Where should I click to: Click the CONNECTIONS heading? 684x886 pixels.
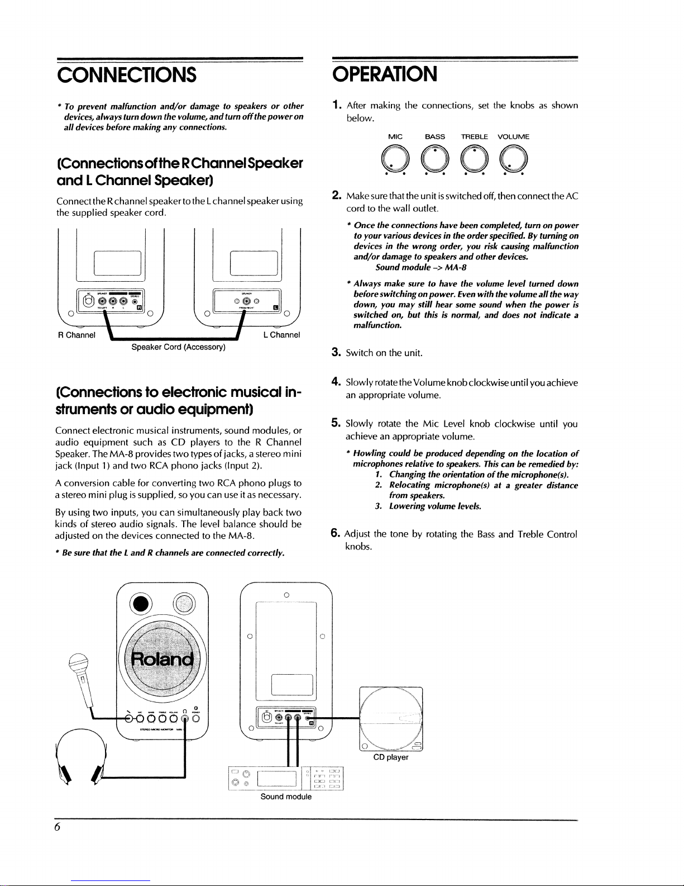(x=127, y=74)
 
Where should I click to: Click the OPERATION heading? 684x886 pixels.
(x=385, y=74)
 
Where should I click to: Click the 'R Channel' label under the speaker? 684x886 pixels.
(x=77, y=335)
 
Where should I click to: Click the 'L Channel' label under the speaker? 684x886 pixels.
(x=281, y=335)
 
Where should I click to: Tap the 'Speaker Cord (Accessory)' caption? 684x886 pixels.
(x=178, y=347)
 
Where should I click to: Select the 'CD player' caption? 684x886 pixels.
(x=391, y=757)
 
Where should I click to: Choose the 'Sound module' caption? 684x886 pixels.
(x=286, y=797)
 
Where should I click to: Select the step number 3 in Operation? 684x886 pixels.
(x=336, y=352)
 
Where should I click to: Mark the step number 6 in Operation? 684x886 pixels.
(x=336, y=533)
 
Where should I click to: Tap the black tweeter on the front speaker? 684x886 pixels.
(x=141, y=604)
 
